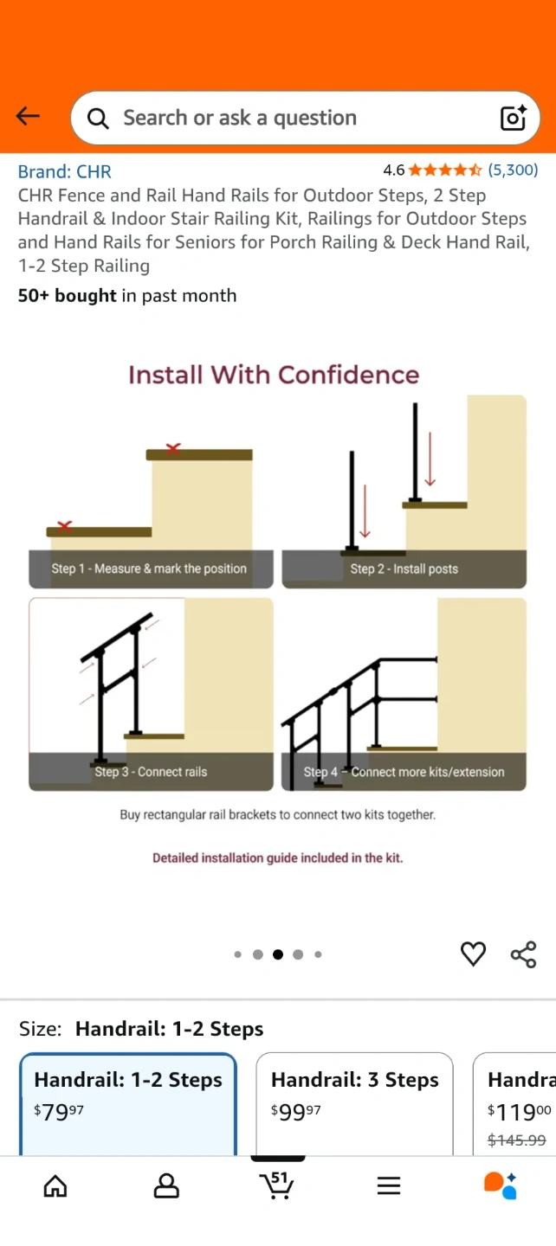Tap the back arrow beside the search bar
[28, 116]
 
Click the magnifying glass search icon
[98, 118]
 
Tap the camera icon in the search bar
[514, 118]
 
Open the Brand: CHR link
[65, 171]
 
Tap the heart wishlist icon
[473, 954]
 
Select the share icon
[524, 954]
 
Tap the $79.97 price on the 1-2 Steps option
[58, 1112]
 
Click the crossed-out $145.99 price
[516, 1140]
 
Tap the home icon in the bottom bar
[55, 1185]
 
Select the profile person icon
[166, 1185]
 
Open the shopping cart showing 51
[276, 1185]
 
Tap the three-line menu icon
[389, 1186]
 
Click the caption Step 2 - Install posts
[404, 568]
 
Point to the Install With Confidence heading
[274, 375]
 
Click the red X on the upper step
[173, 448]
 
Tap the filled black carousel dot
[278, 954]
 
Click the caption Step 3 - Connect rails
[151, 772]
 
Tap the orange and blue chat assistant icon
[501, 1185]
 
